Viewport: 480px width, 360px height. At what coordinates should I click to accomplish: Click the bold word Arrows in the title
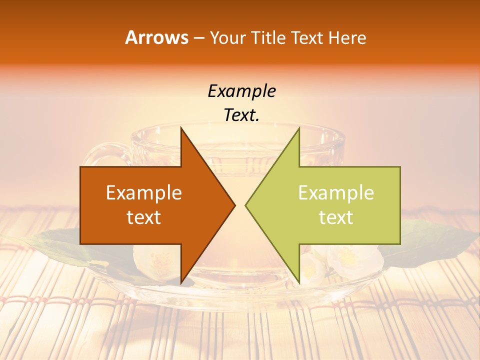(x=157, y=37)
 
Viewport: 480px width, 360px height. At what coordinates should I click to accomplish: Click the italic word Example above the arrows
(x=241, y=91)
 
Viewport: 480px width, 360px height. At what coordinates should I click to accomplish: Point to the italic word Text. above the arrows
(x=241, y=115)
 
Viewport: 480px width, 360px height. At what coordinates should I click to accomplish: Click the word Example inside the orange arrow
(x=144, y=193)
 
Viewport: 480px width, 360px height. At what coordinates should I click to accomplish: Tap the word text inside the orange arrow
(x=144, y=217)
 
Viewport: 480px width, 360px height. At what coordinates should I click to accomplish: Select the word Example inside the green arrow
(x=336, y=193)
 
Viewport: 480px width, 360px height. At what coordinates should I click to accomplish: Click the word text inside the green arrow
(x=336, y=217)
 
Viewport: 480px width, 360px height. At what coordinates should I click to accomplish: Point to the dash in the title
(x=198, y=38)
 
